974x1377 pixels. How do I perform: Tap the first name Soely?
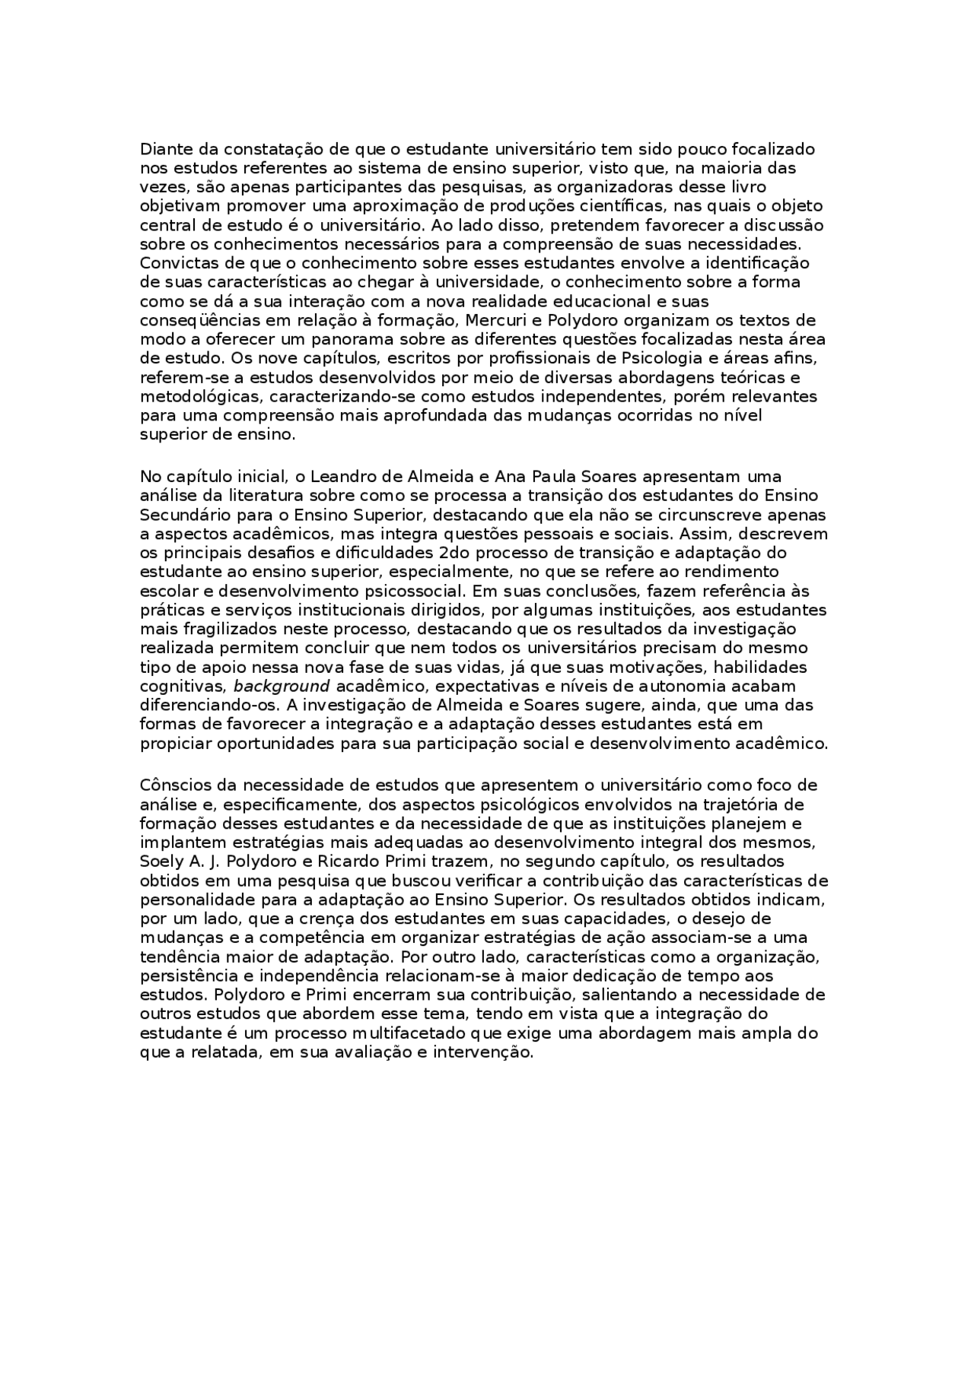coord(160,862)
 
